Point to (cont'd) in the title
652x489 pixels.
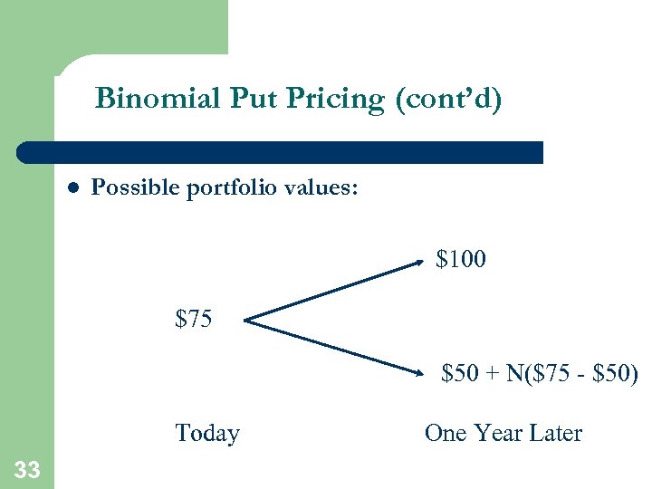point(448,98)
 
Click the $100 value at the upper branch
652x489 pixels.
point(460,260)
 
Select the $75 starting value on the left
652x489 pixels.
point(194,319)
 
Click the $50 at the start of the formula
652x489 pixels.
point(459,373)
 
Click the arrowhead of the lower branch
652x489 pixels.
point(420,371)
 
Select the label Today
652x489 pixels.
point(207,433)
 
